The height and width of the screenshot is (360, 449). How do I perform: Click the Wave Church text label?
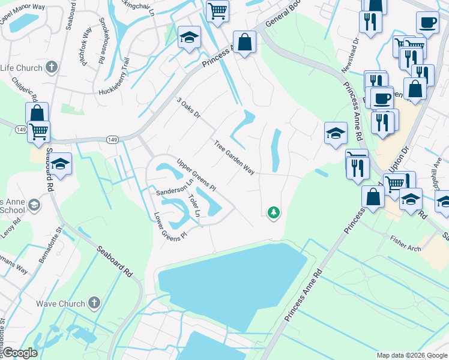point(61,304)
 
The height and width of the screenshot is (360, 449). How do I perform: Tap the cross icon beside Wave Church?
point(94,303)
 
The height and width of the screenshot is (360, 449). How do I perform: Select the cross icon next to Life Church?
point(52,67)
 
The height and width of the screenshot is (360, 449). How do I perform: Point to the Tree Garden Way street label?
point(234,157)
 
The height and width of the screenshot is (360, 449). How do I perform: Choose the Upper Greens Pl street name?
point(196,175)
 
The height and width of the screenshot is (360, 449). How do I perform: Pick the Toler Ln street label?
point(193,206)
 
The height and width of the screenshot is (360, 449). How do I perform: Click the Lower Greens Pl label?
point(170,225)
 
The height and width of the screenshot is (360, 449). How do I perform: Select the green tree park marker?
point(274,212)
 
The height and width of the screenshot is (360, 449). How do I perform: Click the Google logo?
point(20,353)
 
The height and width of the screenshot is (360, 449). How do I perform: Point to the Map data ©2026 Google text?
point(411,355)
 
